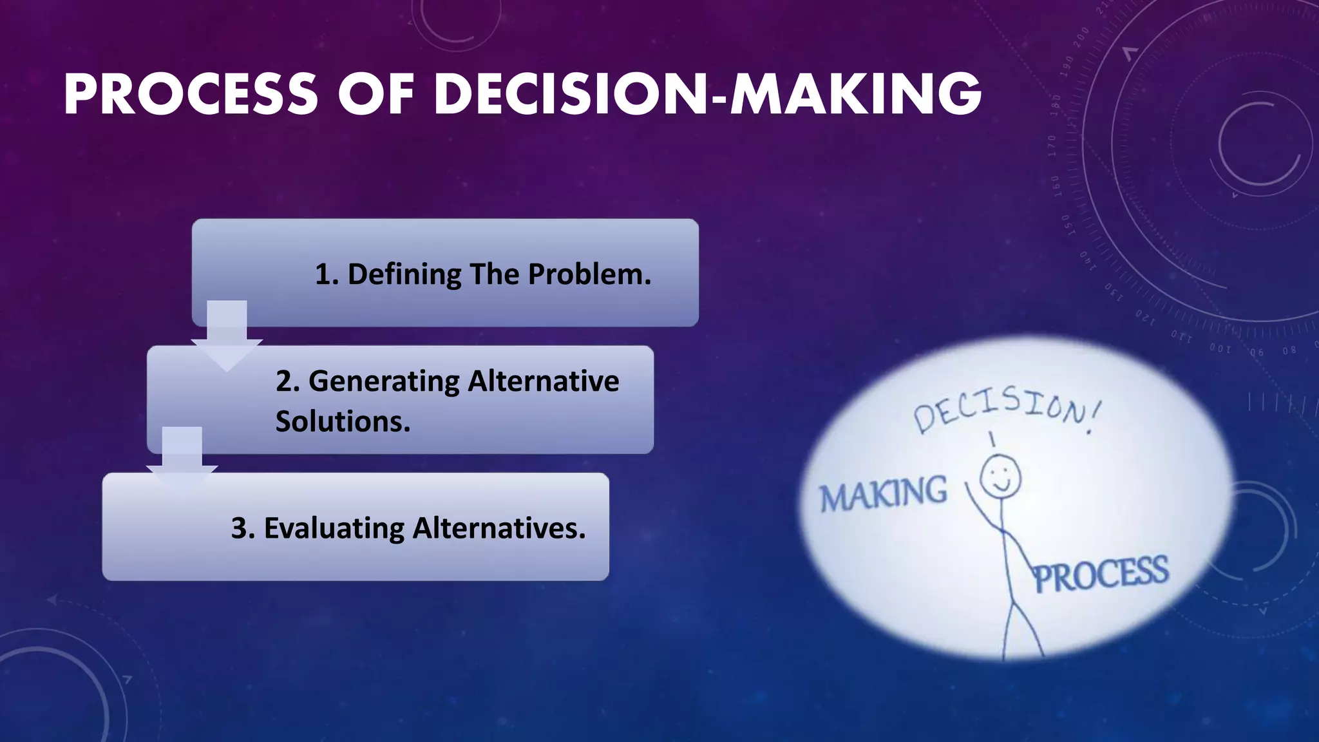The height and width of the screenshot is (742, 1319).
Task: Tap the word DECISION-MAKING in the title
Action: pyautogui.click(x=708, y=95)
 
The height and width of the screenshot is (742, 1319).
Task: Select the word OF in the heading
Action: pyautogui.click(x=375, y=95)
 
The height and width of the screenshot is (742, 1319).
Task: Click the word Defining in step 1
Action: pyautogui.click(x=404, y=275)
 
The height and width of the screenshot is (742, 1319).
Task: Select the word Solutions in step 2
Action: pyautogui.click(x=342, y=422)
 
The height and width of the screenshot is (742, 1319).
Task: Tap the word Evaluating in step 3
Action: pyautogui.click(x=334, y=529)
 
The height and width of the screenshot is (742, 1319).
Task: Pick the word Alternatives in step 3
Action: pyautogui.click(x=498, y=529)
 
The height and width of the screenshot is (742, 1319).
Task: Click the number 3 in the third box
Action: pyautogui.click(x=240, y=529)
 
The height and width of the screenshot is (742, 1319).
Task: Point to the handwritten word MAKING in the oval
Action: pyautogui.click(x=883, y=495)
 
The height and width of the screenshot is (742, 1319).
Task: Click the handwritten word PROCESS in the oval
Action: pyautogui.click(x=1101, y=574)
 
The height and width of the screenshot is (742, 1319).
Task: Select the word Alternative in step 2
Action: pyautogui.click(x=543, y=381)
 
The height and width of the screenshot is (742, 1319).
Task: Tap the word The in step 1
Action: pyautogui.click(x=495, y=275)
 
